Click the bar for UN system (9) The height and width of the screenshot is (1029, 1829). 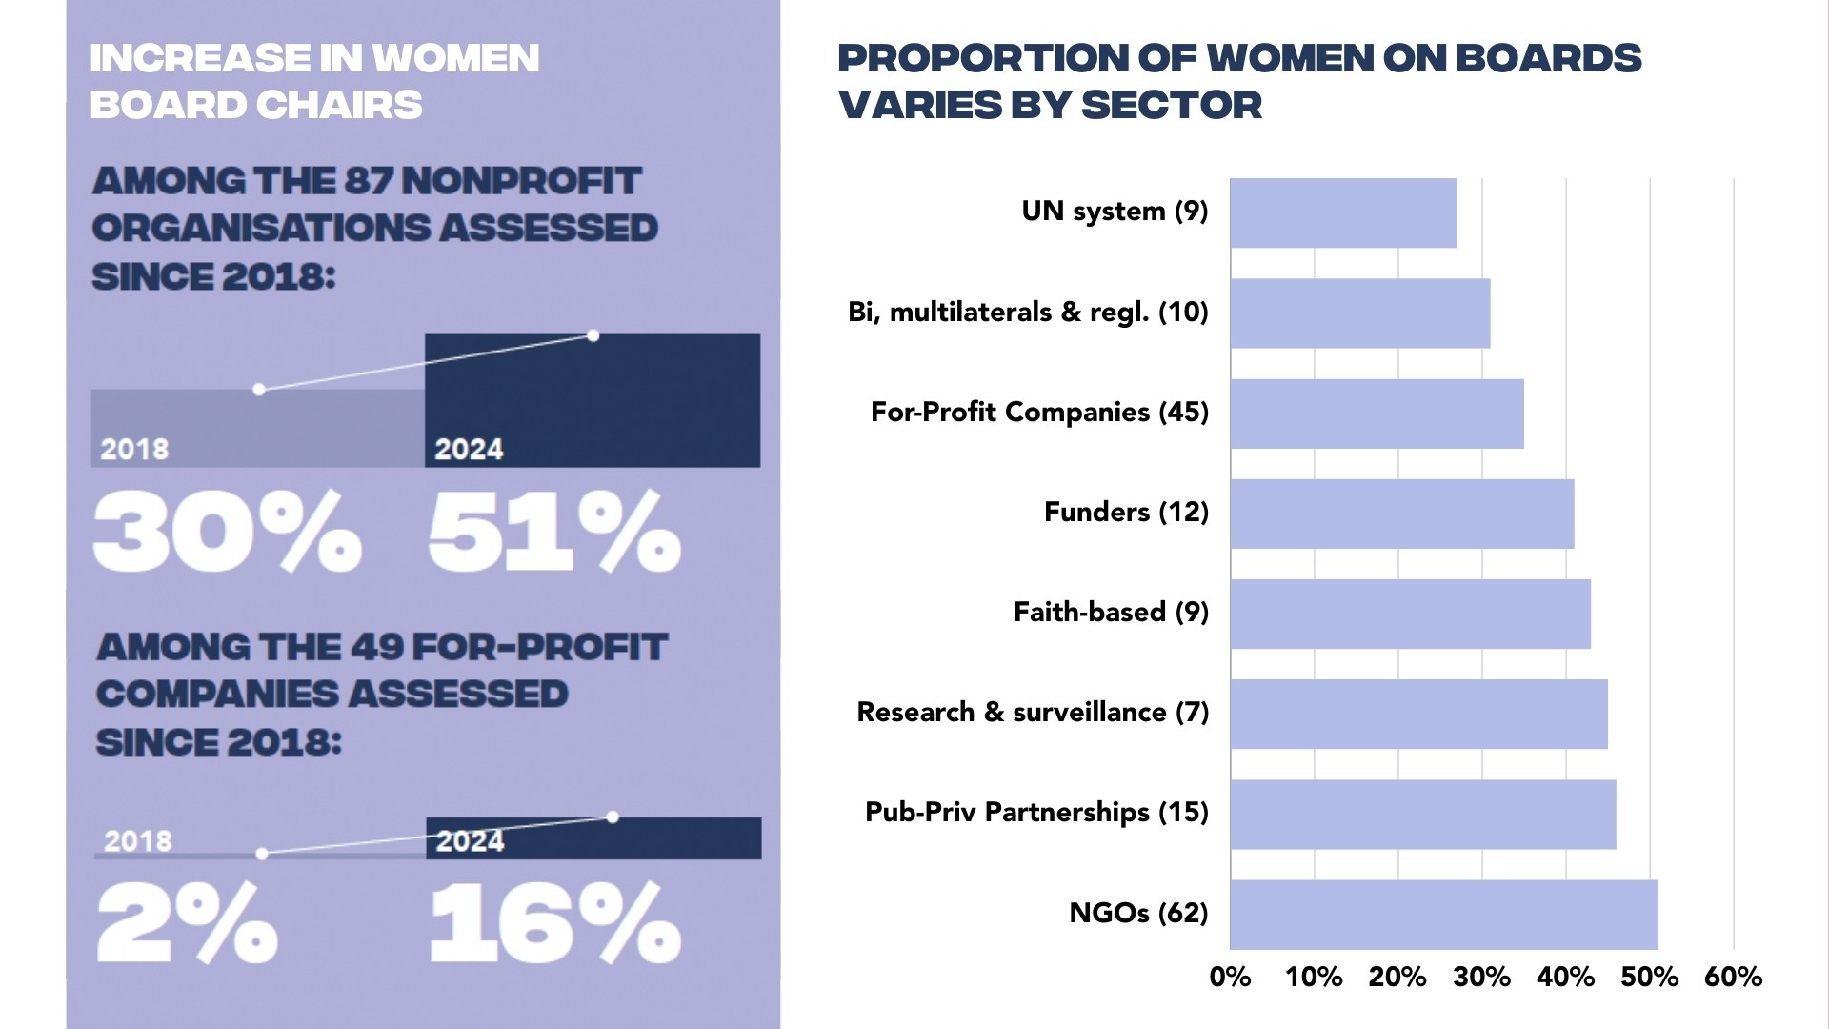tap(1343, 213)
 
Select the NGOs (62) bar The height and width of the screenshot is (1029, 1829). tap(1443, 915)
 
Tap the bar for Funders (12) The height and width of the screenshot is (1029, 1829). tap(1401, 514)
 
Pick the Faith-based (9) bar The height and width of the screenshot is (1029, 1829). tap(1410, 615)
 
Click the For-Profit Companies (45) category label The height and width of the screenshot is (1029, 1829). tap(1039, 413)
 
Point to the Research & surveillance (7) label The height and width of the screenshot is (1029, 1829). tap(1033, 713)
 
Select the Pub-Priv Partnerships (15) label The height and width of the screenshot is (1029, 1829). tap(1036, 813)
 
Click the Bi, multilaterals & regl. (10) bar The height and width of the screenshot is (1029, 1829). tap(1359, 313)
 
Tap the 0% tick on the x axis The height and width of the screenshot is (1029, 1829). tap(1230, 978)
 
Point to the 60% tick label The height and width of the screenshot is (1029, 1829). tap(1733, 978)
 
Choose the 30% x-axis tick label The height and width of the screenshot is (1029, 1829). tap(1481, 978)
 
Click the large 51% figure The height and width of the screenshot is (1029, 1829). tap(554, 532)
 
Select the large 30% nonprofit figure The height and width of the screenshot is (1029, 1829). tap(227, 532)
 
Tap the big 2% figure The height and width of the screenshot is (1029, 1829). tap(187, 922)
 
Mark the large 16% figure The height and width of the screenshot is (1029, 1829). tap(554, 922)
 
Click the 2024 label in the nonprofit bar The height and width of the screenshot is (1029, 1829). tap(469, 450)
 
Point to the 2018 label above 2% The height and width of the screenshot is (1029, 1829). tap(138, 841)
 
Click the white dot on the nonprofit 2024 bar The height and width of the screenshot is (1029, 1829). tap(593, 335)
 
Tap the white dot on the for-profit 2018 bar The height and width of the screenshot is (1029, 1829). tap(262, 854)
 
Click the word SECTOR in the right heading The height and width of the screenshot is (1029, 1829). tap(1172, 105)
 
